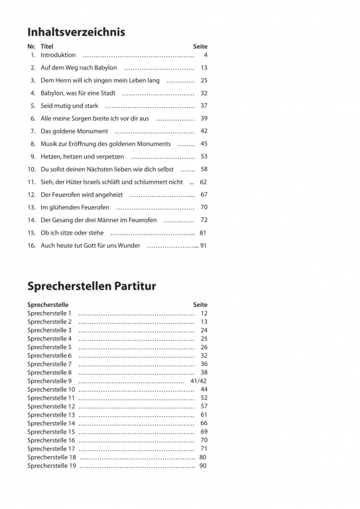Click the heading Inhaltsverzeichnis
(76, 31)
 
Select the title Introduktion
(58, 55)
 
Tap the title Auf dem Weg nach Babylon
(78, 68)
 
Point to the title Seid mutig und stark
(69, 105)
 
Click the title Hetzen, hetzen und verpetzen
(82, 156)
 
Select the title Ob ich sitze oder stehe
(72, 233)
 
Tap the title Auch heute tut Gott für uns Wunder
(90, 245)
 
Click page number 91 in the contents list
(204, 245)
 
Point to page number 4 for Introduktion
(206, 55)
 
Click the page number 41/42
(198, 381)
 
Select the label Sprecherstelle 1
(50, 313)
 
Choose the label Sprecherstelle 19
(52, 466)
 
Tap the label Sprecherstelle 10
(52, 390)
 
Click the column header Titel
(46, 46)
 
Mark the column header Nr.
(31, 46)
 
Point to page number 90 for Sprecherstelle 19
(203, 466)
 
